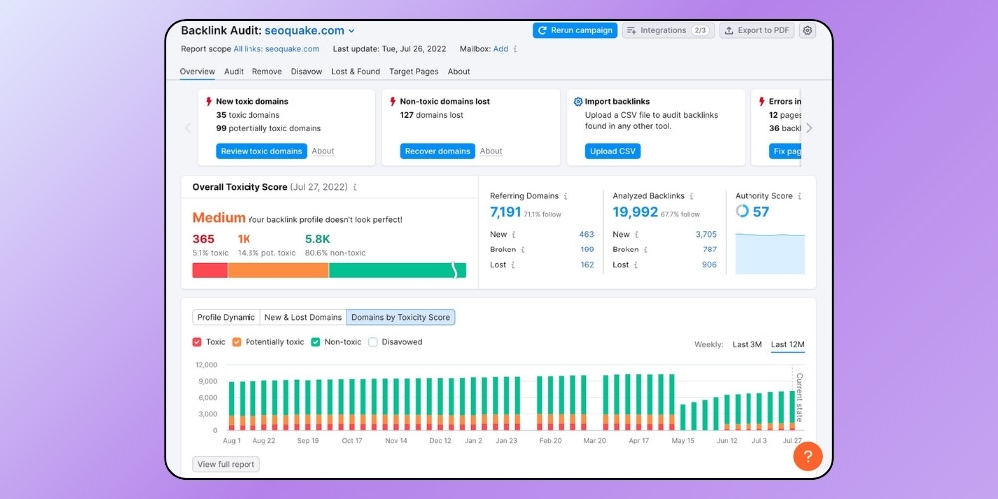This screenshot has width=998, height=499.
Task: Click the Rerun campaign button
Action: (x=575, y=30)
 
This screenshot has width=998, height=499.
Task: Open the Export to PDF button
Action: (x=756, y=30)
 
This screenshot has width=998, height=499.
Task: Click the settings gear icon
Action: (x=807, y=30)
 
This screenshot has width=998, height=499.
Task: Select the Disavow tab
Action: (x=306, y=72)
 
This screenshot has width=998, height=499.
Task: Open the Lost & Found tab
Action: (x=356, y=72)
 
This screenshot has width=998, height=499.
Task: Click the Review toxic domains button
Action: (x=260, y=151)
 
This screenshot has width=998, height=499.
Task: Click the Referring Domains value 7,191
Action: (x=506, y=212)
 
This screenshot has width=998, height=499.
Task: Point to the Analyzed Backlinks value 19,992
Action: (x=635, y=212)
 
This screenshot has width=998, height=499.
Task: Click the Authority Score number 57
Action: (x=761, y=212)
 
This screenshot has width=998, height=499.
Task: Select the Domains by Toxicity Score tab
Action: (x=400, y=317)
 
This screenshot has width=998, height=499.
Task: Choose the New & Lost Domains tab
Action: (x=302, y=317)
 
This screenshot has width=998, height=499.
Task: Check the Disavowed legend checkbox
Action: (x=373, y=342)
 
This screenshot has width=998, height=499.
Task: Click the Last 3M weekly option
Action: (x=747, y=344)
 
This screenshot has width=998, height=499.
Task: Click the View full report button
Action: (x=226, y=464)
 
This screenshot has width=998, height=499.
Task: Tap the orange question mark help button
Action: (x=808, y=456)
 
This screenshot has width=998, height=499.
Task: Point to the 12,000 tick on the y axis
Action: (x=204, y=365)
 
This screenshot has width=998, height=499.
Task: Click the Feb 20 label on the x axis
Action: (x=550, y=440)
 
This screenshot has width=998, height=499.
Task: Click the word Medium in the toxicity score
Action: (x=218, y=218)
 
